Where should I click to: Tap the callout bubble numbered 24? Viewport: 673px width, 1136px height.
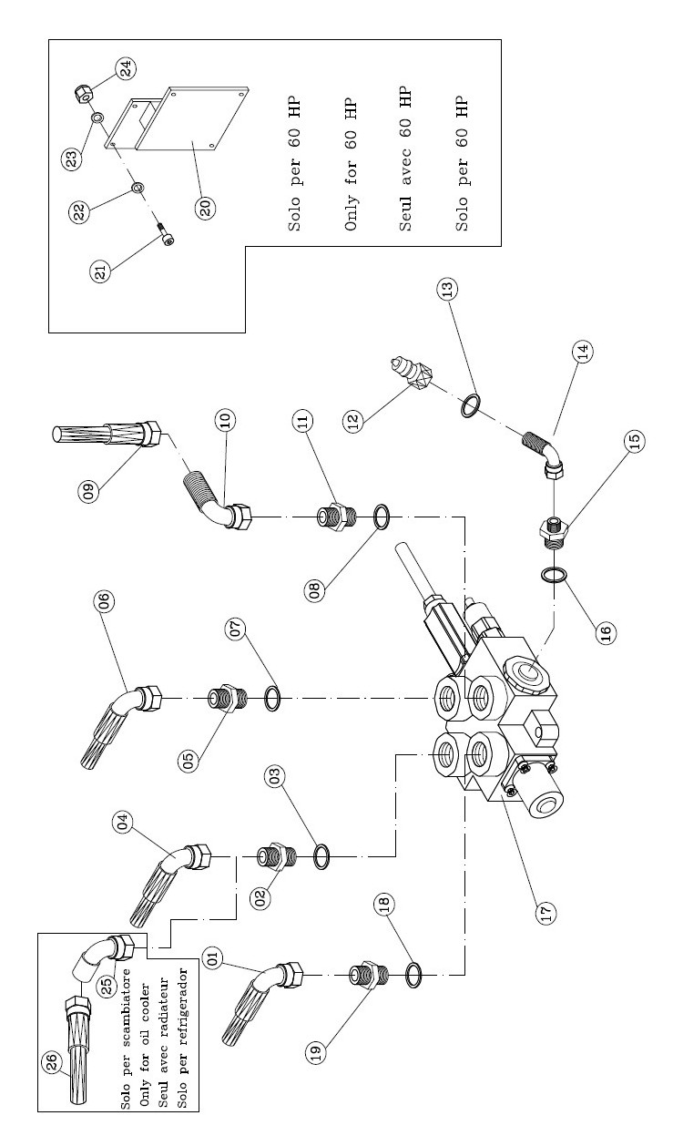click(x=126, y=67)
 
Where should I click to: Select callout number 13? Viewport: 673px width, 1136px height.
click(x=448, y=287)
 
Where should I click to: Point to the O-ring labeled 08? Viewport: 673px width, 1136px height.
click(x=382, y=517)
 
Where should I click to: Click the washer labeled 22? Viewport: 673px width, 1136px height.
click(x=138, y=188)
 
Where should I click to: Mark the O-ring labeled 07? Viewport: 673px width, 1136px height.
click(x=271, y=700)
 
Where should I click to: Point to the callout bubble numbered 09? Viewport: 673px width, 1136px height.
click(x=89, y=493)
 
